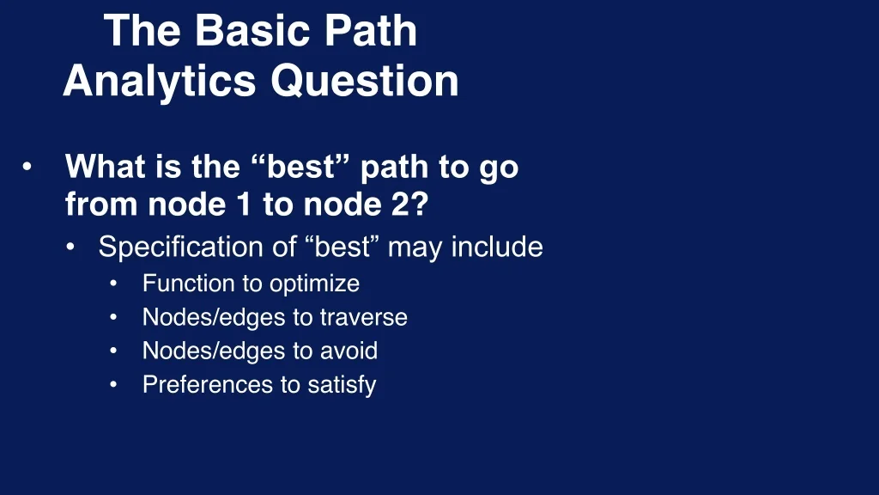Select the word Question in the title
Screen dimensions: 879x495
tap(365, 82)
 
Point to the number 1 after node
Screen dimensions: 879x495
tap(243, 204)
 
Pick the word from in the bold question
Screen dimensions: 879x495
tap(101, 204)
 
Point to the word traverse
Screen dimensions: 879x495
tap(364, 318)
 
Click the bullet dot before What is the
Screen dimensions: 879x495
tap(27, 168)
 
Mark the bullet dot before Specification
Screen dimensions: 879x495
tap(70, 247)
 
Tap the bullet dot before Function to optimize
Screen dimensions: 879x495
tap(113, 284)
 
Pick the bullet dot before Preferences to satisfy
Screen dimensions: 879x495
tap(113, 385)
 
